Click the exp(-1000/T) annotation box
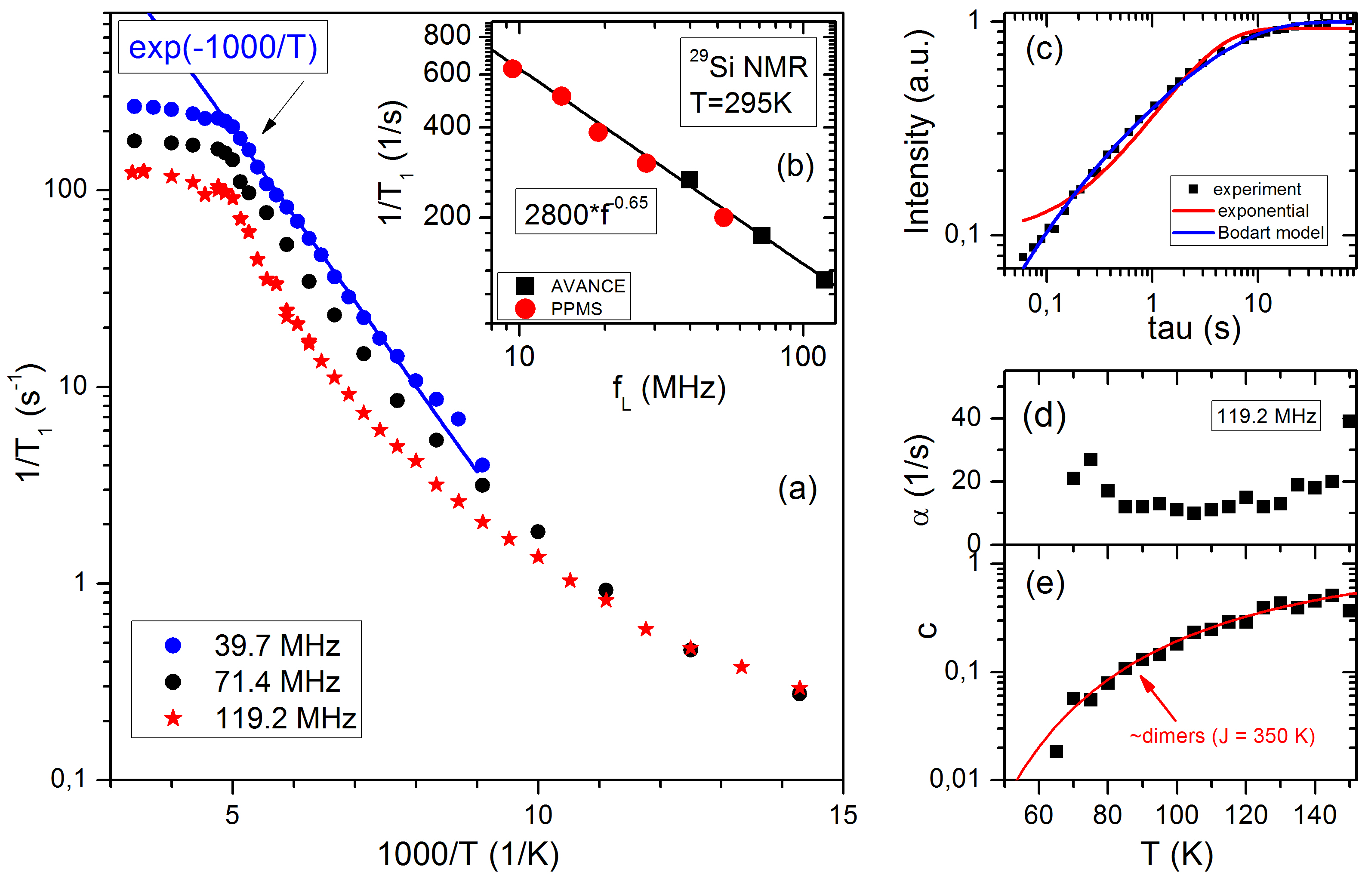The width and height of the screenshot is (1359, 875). click(x=222, y=47)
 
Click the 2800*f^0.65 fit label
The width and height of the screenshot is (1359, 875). click(x=586, y=212)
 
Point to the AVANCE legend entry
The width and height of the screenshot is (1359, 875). click(x=572, y=286)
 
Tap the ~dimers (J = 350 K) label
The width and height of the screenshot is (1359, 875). click(x=1222, y=736)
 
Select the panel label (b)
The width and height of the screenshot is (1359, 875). click(x=795, y=166)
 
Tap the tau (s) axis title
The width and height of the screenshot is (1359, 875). click(x=1194, y=329)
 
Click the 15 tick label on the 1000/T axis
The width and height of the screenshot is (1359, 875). click(x=843, y=815)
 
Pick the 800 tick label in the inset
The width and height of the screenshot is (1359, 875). click(x=447, y=35)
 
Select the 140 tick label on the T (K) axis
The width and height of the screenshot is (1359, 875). click(x=1315, y=815)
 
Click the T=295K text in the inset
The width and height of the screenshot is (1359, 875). click(x=741, y=103)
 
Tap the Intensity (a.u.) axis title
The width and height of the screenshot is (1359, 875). click(x=917, y=131)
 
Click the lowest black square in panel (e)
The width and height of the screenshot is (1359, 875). click(x=1056, y=751)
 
